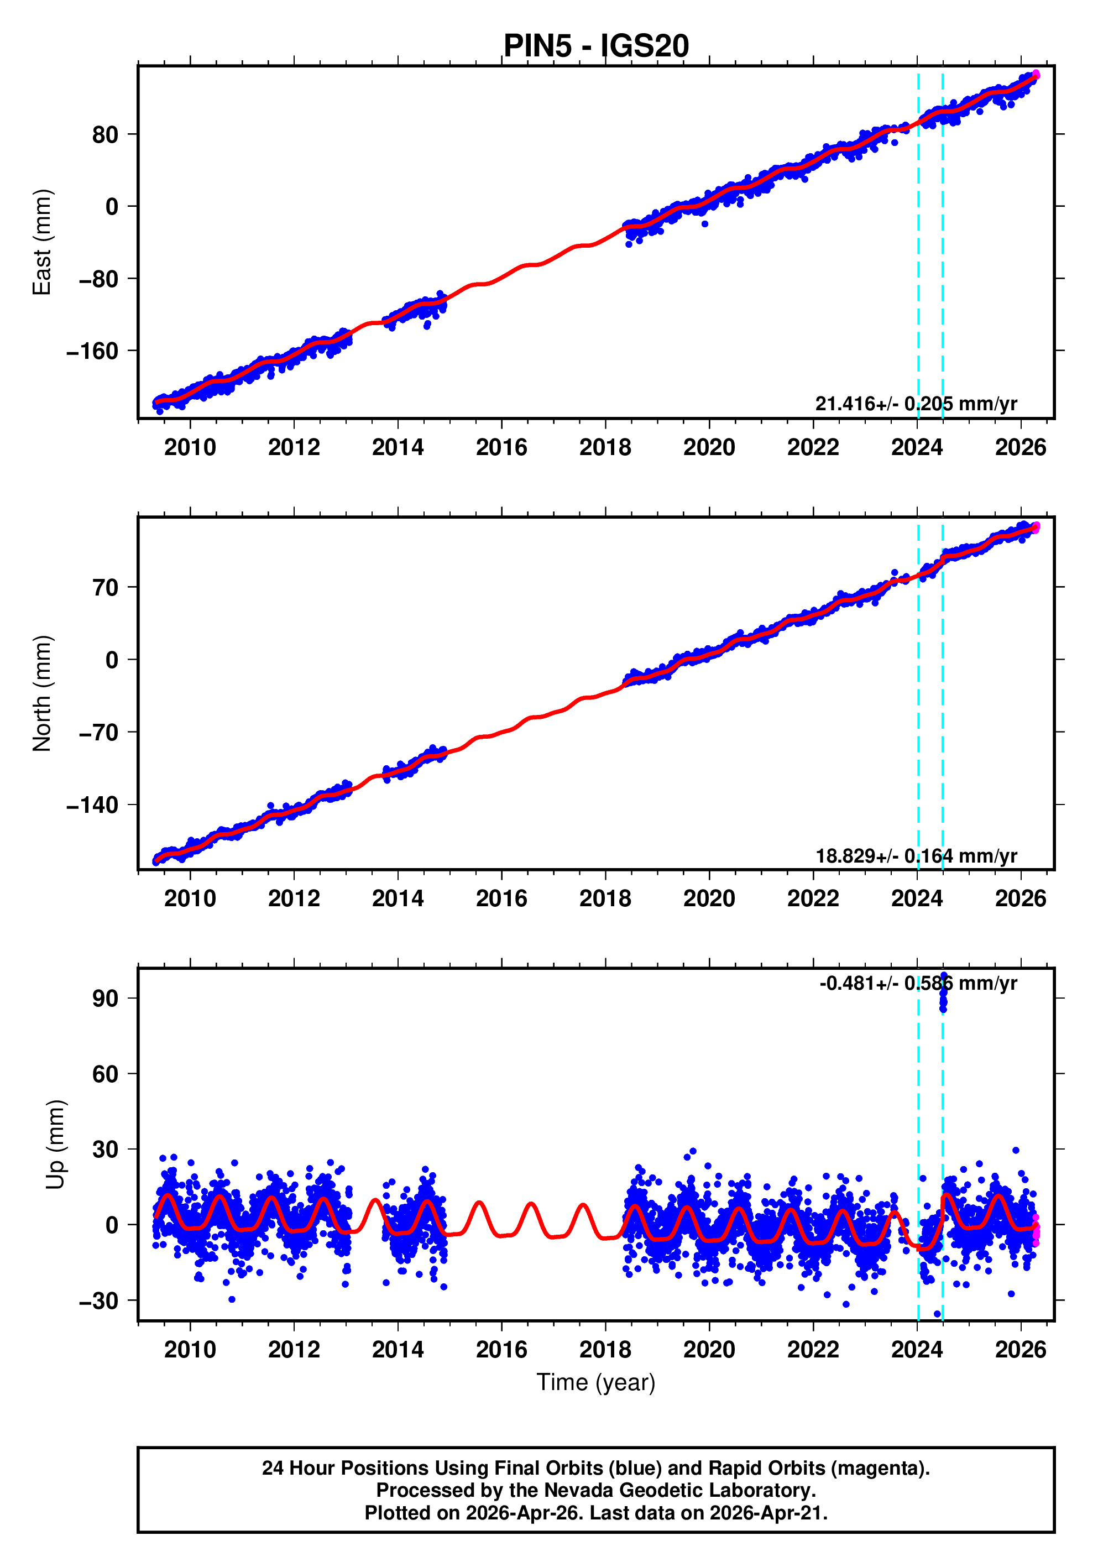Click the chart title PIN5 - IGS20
[596, 46]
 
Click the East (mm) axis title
[43, 242]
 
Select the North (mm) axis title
[43, 693]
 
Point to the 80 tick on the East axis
[105, 135]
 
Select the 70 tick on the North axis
[105, 588]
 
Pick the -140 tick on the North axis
[92, 805]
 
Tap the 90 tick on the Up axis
[105, 999]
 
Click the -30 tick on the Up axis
[98, 1301]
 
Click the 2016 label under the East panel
[501, 448]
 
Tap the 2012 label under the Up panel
[294, 1350]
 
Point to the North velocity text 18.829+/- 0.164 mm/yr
[916, 856]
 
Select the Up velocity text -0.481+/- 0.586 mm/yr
[918, 984]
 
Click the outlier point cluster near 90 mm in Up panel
[943, 993]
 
